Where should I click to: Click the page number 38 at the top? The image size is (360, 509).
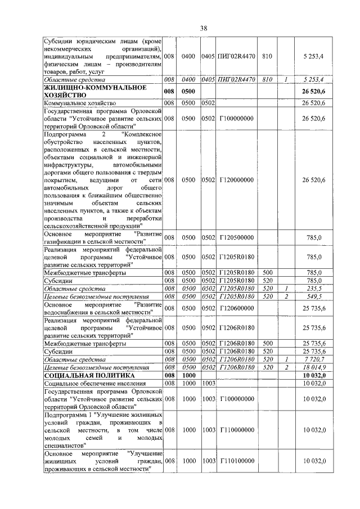click(x=204, y=29)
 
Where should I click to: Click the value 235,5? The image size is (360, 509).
click(x=321, y=287)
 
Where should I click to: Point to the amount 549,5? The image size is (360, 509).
click(x=321, y=296)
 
